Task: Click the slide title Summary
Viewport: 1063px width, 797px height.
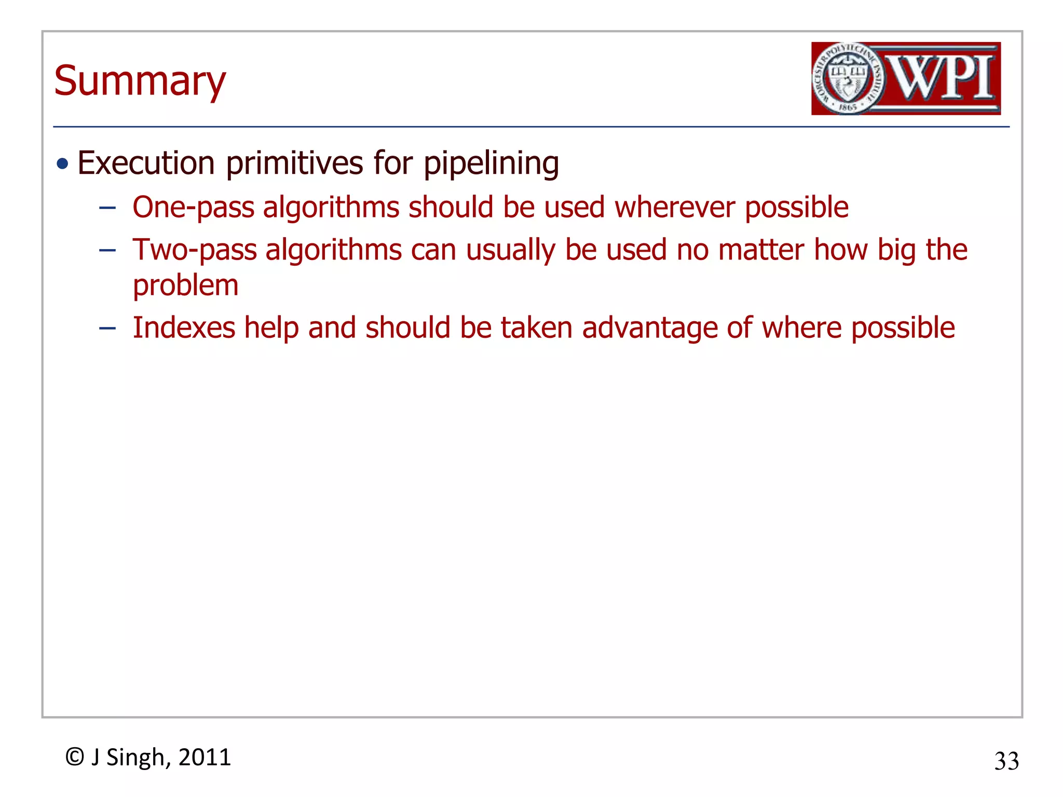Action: coord(140,81)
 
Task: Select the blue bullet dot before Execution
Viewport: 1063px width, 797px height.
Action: coord(63,164)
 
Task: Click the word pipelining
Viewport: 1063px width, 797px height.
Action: coord(491,164)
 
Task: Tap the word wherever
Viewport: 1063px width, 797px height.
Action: coord(675,207)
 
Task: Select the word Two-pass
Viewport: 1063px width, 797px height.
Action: coord(195,250)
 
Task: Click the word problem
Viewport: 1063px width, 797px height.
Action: coord(185,286)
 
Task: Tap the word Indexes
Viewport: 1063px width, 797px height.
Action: coord(184,328)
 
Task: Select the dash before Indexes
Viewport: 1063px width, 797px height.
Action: coord(107,328)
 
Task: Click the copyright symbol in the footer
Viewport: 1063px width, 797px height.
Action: coord(75,757)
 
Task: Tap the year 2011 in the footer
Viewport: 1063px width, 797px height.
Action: coord(205,757)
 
